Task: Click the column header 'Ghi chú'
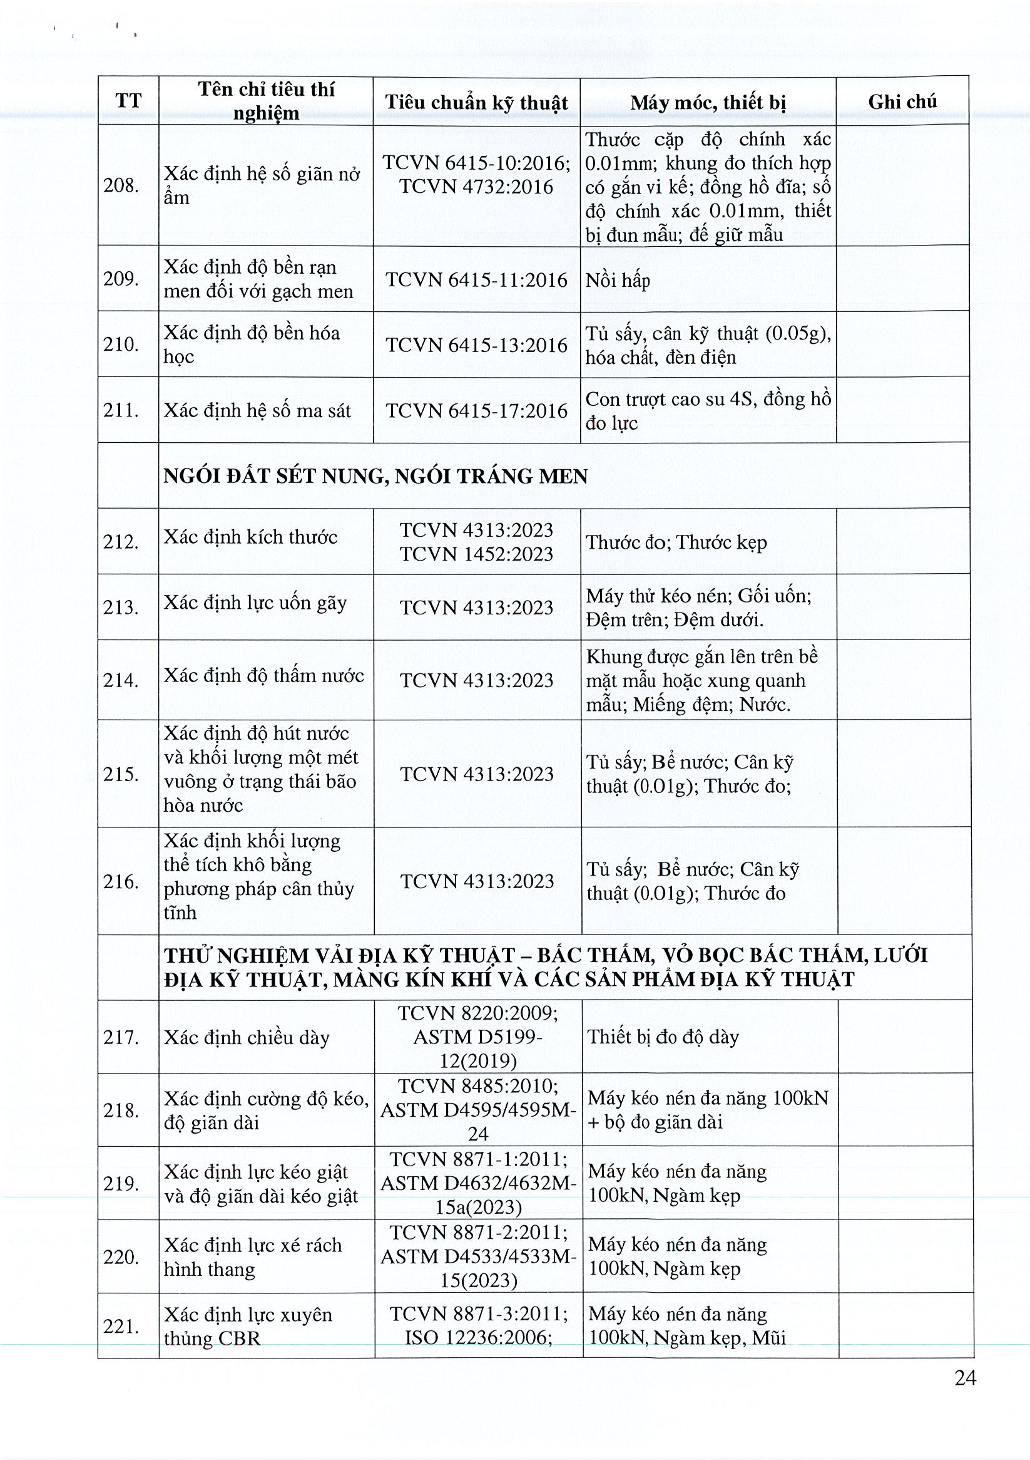[902, 101]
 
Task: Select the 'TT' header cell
[128, 101]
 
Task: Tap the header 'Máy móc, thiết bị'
[708, 102]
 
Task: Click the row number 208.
[121, 185]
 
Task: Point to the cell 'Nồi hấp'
[618, 281]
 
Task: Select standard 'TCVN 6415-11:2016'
[477, 281]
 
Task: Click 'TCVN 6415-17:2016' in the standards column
[477, 411]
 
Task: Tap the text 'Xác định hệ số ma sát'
[257, 411]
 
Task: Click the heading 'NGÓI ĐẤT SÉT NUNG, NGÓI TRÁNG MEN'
[375, 476]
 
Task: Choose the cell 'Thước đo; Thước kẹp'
[676, 542]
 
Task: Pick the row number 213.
[121, 608]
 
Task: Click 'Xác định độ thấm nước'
[263, 675]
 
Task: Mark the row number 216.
[121, 882]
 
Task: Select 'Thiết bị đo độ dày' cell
[663, 1037]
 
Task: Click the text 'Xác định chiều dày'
[247, 1038]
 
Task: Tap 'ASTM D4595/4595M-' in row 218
[479, 1110]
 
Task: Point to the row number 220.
[121, 1257]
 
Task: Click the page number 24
[965, 1377]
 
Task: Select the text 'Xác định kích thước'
[250, 537]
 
